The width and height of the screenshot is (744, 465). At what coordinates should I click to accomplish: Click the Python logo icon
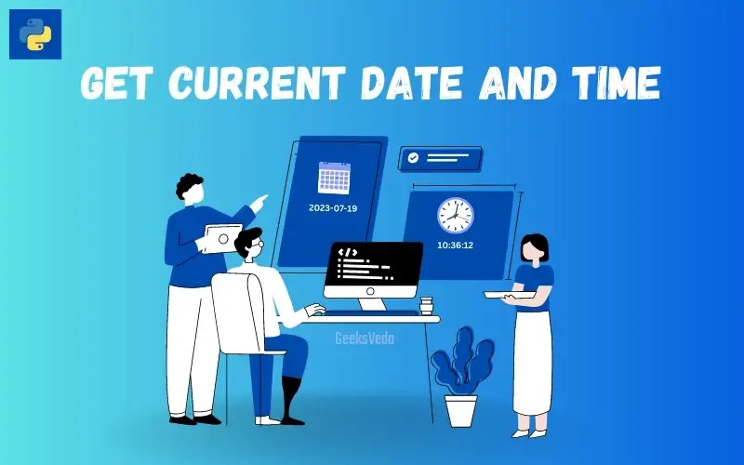(x=35, y=34)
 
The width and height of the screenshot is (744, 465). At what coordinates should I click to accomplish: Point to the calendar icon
(x=333, y=177)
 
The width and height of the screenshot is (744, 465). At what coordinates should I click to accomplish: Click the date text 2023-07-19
(x=333, y=208)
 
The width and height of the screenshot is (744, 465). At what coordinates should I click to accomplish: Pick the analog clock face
(x=455, y=215)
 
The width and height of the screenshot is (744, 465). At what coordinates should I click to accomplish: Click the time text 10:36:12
(x=456, y=246)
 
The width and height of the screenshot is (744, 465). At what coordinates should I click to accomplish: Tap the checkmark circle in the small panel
(x=413, y=159)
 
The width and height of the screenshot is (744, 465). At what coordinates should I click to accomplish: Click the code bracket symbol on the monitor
(x=348, y=252)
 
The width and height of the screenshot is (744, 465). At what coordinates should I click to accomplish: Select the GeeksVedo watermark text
(x=365, y=339)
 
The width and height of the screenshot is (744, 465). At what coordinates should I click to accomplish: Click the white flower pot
(x=460, y=410)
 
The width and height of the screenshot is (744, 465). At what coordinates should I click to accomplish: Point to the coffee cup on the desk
(x=427, y=308)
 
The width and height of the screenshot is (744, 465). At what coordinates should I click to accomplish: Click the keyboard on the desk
(x=359, y=312)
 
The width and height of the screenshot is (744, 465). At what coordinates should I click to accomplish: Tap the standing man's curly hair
(x=190, y=185)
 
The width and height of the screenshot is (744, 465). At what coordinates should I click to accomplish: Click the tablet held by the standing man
(x=223, y=238)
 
